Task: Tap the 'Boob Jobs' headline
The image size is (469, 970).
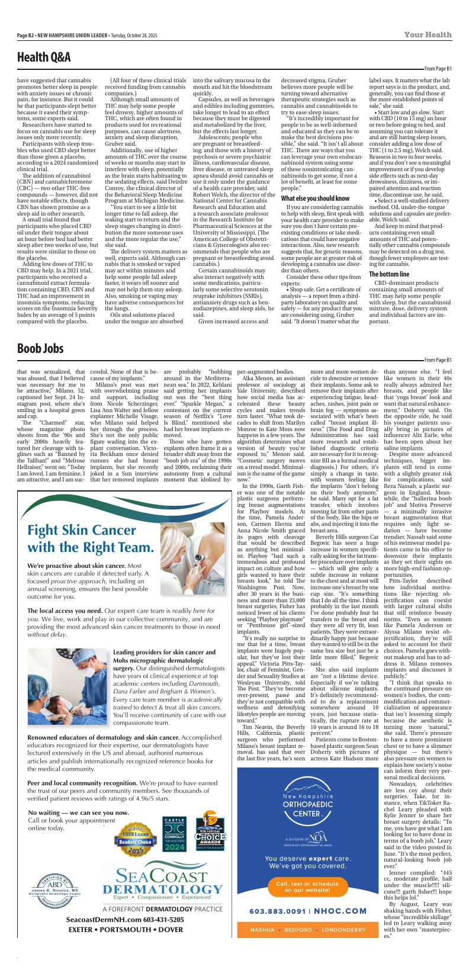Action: point(40,348)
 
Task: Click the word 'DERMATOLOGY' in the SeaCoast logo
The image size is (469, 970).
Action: point(162,890)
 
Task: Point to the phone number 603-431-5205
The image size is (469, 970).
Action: point(155,920)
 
